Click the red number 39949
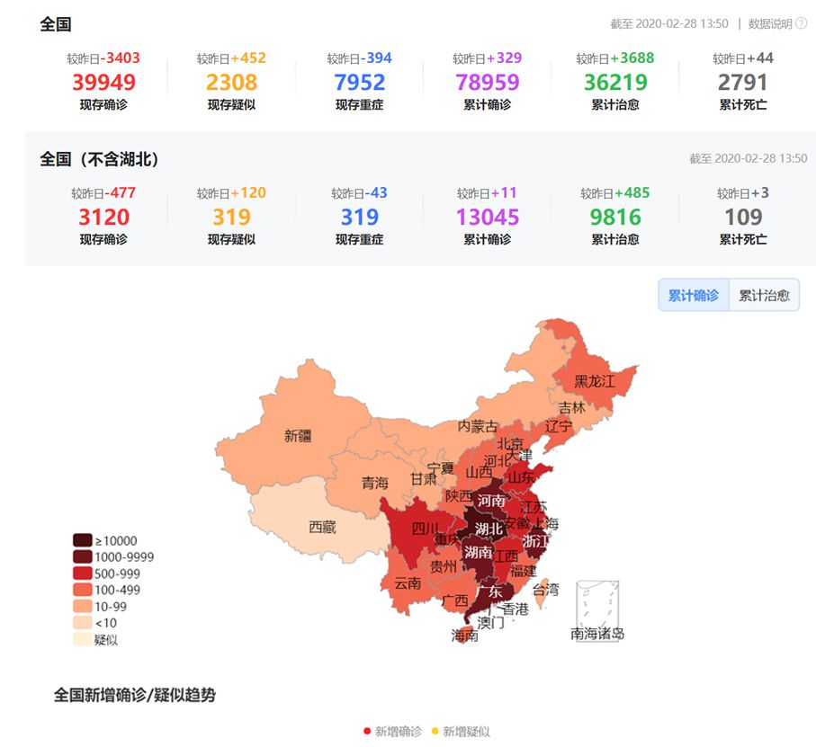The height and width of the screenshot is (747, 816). click(103, 83)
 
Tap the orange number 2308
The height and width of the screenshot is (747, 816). click(231, 83)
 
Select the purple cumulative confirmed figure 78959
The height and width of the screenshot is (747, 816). click(488, 83)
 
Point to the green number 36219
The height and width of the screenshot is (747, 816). click(615, 83)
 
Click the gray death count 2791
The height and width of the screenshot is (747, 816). click(743, 83)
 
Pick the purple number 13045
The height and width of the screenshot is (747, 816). click(488, 218)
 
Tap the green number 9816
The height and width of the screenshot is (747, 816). click(615, 218)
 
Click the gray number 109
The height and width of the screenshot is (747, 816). click(743, 218)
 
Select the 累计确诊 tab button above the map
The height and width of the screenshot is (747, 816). click(694, 295)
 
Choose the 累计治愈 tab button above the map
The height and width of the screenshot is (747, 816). click(764, 295)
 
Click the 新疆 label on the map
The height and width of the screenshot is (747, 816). click(298, 436)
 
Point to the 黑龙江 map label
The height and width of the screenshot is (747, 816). click(595, 381)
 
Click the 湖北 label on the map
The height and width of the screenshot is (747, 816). click(489, 529)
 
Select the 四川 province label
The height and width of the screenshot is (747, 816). click(425, 529)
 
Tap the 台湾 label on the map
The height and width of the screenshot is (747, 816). click(545, 590)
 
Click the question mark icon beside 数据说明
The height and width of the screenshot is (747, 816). click(801, 24)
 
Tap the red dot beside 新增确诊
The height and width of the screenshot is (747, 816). click(367, 731)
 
